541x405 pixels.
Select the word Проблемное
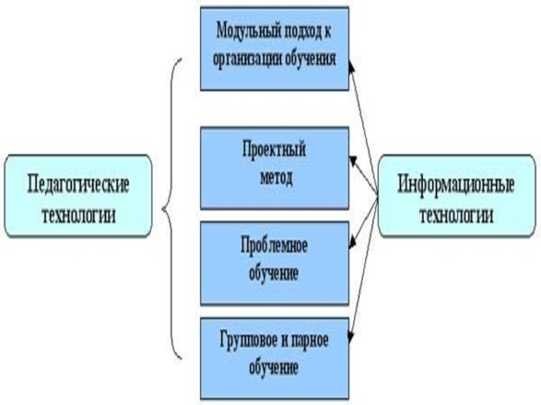[x=275, y=245]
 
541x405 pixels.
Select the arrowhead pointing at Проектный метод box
[x=352, y=160]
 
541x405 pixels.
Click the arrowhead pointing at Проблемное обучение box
[x=352, y=244]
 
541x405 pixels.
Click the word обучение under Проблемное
[x=275, y=274]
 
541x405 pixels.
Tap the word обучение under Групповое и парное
[x=275, y=369]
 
